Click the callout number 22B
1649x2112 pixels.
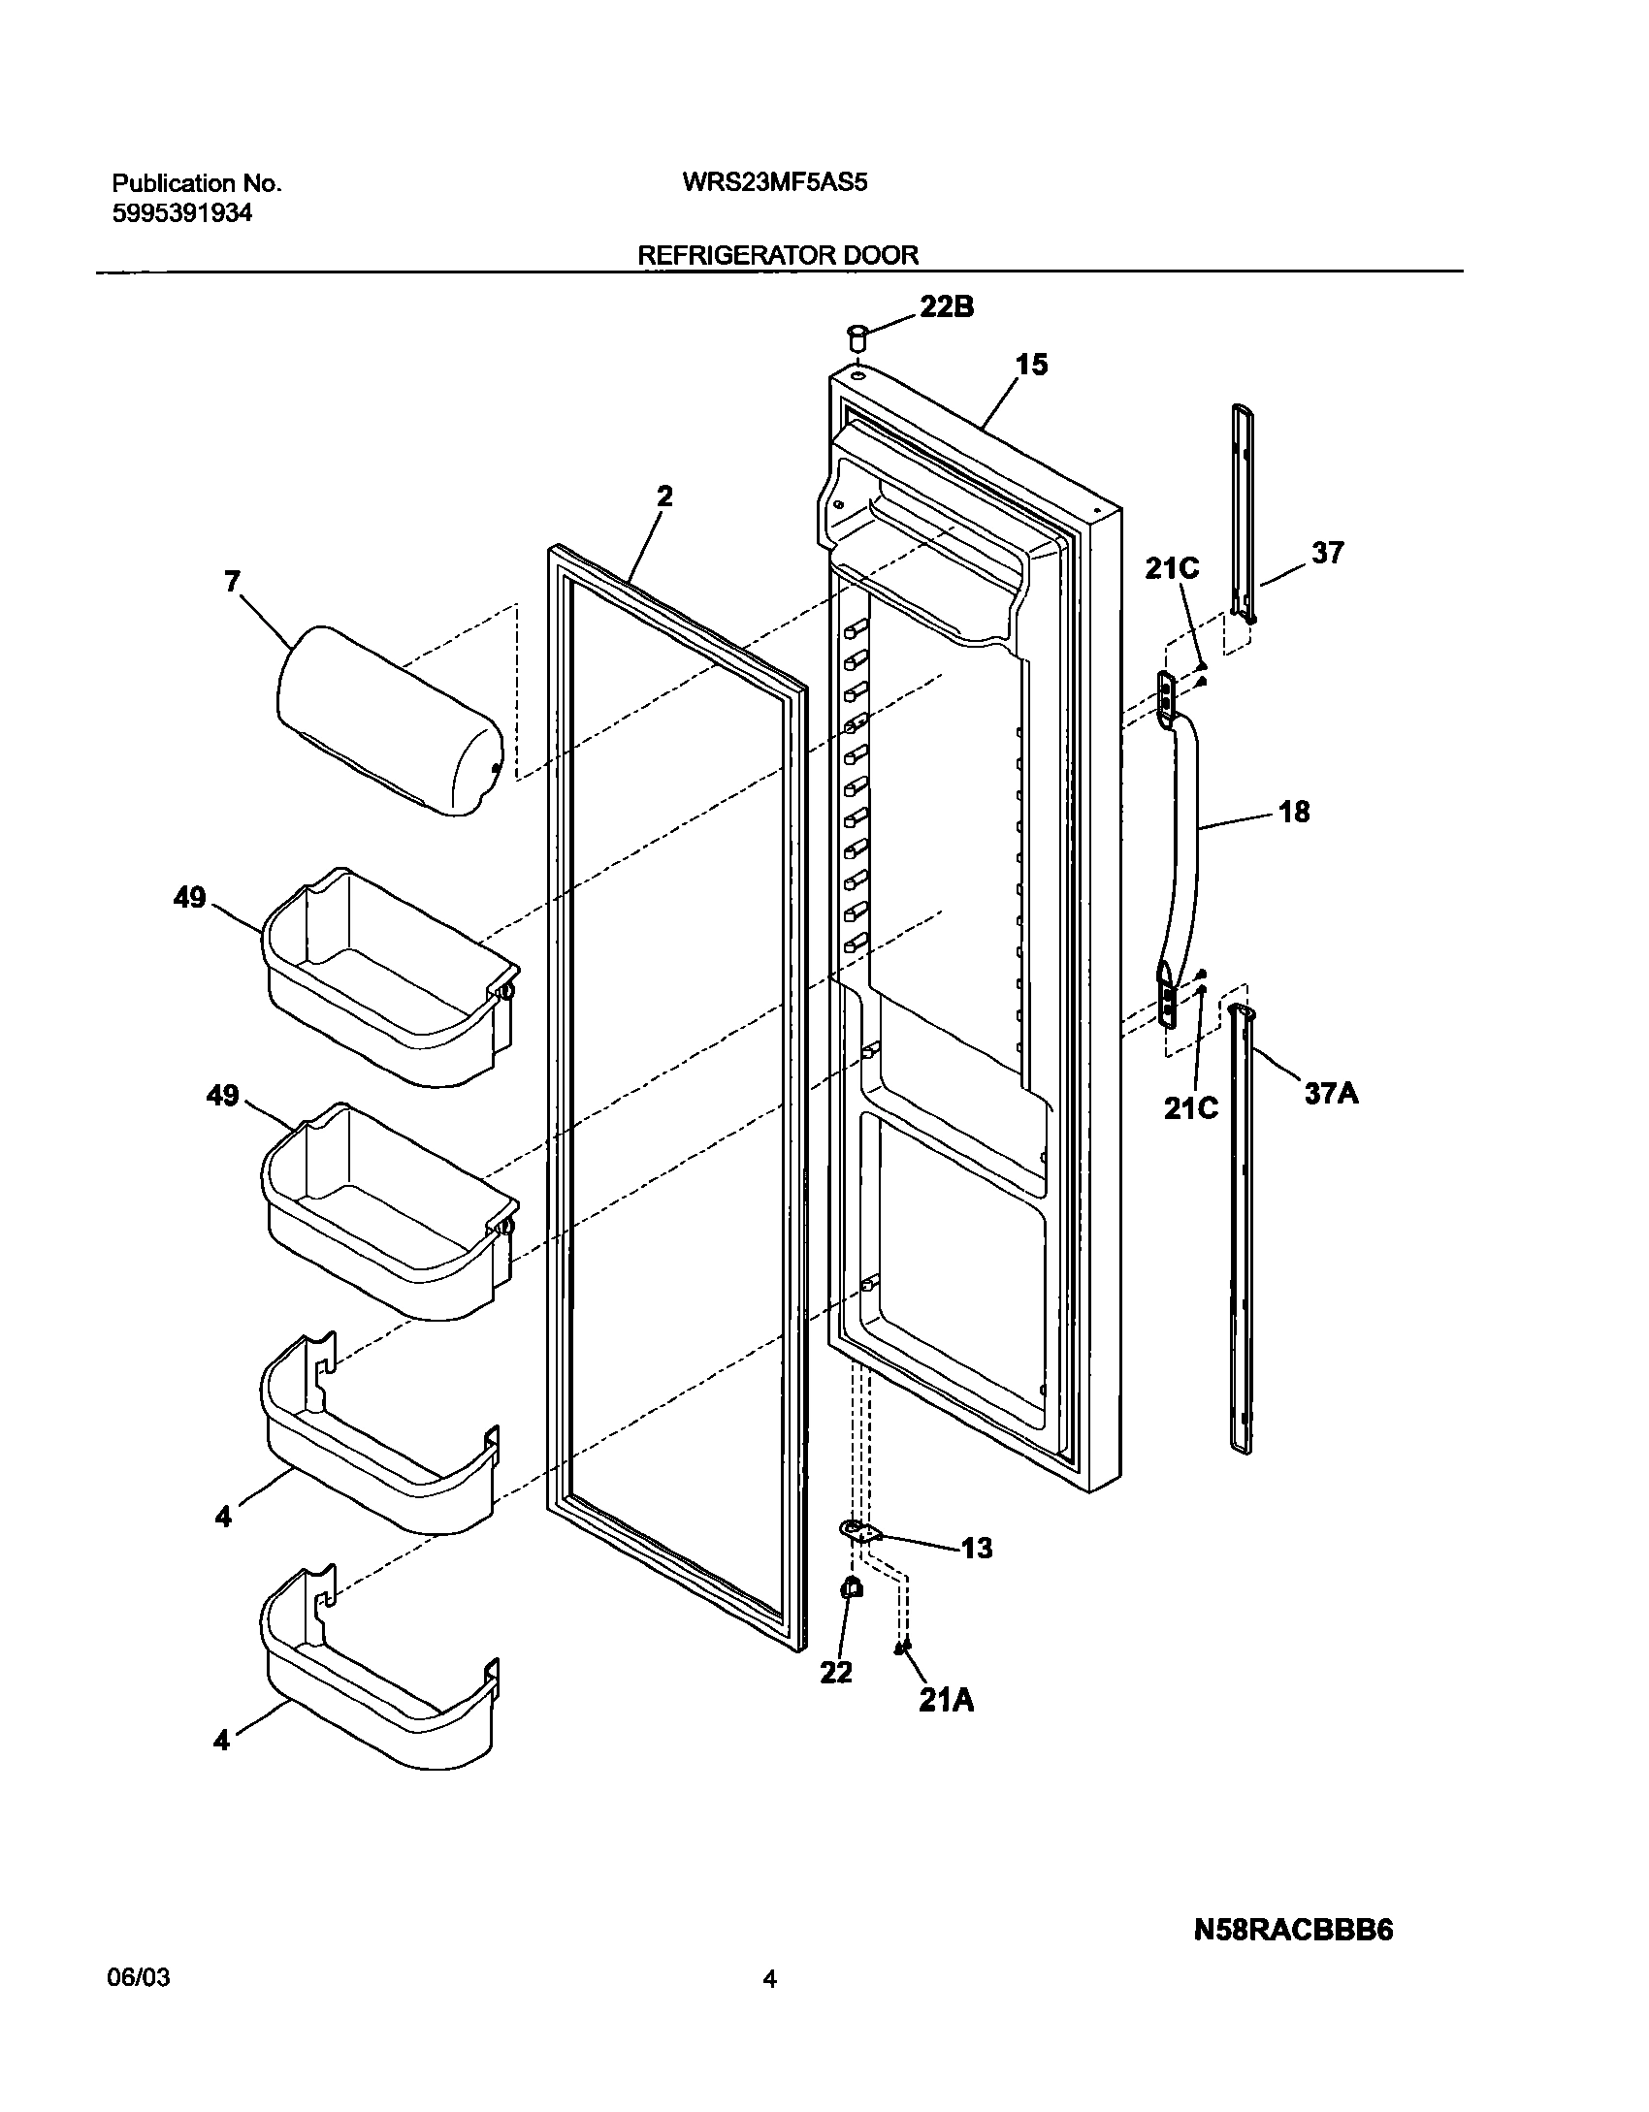[x=946, y=307]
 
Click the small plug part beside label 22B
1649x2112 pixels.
[x=857, y=339]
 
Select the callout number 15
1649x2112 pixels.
[x=1032, y=365]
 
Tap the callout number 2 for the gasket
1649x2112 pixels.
[x=663, y=496]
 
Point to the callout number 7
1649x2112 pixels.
[x=232, y=582]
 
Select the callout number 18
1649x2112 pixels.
[x=1294, y=812]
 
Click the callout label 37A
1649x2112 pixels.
[x=1331, y=1094]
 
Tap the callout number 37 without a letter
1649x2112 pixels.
[x=1328, y=553]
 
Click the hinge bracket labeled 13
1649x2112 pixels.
[x=858, y=1531]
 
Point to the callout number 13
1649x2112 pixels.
[x=977, y=1549]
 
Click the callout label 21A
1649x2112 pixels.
[x=946, y=1700]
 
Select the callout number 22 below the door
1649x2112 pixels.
[x=835, y=1672]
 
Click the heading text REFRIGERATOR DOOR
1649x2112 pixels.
[x=777, y=255]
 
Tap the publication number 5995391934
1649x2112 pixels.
[x=182, y=213]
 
